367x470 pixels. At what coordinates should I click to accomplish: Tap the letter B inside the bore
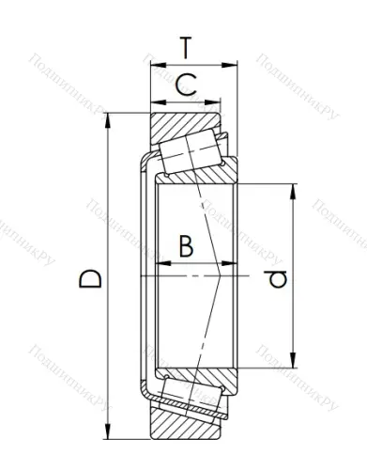[185, 247]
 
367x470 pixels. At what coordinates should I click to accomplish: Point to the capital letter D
[90, 279]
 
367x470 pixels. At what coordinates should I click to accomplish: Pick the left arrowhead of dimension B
[143, 275]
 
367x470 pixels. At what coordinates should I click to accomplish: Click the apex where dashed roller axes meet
[222, 275]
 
